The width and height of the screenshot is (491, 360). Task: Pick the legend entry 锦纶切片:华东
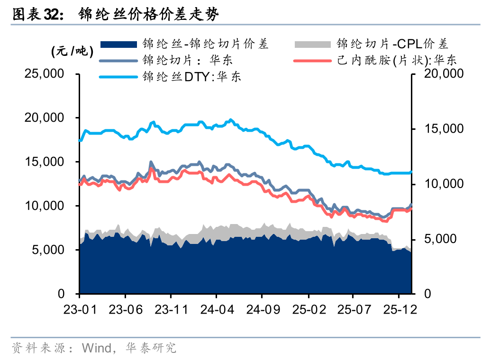click(188, 61)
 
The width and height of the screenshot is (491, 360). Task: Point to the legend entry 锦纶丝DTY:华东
click(192, 76)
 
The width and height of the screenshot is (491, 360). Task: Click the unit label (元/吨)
click(73, 52)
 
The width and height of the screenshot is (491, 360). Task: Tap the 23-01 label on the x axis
click(80, 309)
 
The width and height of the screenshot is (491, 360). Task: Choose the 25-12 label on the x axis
click(400, 309)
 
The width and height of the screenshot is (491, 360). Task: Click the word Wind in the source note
click(96, 349)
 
